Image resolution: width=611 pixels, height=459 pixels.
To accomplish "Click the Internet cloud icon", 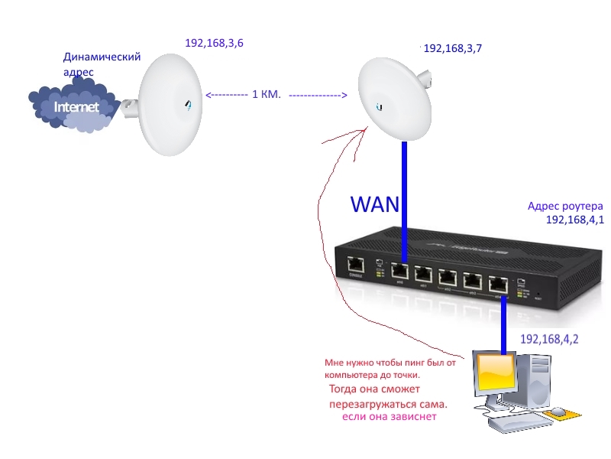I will (73, 107).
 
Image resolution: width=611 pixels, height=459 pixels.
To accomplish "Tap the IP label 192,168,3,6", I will (214, 43).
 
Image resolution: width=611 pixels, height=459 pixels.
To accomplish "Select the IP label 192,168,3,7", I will (452, 48).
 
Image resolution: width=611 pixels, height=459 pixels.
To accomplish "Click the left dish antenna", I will (168, 105).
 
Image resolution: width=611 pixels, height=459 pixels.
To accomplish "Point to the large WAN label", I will (375, 204).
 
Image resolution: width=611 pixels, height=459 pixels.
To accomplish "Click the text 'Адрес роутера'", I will (565, 207).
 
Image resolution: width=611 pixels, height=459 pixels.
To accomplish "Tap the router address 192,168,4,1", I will (574, 220).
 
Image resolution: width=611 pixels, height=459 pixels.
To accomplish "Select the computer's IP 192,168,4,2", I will (548, 339).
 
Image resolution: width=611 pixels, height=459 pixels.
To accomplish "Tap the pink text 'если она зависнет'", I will (390, 417).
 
